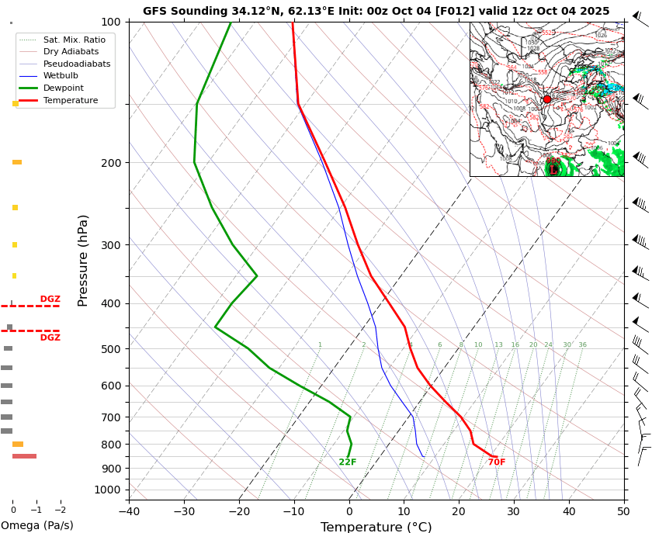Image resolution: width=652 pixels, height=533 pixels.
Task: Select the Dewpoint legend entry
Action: (70, 88)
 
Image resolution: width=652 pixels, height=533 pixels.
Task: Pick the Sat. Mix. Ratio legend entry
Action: (74, 40)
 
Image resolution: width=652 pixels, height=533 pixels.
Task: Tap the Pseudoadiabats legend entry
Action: (76, 64)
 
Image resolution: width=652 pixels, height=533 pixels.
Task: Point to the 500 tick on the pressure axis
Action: (112, 349)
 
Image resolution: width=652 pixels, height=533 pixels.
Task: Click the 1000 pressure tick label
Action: (107, 490)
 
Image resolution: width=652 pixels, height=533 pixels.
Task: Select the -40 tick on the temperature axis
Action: (129, 511)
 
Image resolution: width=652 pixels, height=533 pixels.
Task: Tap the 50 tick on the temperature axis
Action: (624, 511)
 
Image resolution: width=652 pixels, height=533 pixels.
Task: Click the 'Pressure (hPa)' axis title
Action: (84, 260)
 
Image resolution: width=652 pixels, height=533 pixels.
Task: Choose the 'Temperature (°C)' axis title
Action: (376, 527)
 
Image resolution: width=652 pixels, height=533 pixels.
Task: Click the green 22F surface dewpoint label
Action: (348, 462)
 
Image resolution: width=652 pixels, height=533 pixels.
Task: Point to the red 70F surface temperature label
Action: (497, 462)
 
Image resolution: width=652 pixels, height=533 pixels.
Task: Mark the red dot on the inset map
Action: (547, 99)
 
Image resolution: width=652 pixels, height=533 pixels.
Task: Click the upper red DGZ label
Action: (50, 299)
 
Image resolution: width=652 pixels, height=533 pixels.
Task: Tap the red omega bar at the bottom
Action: (24, 456)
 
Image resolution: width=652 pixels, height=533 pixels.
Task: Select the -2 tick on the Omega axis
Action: (60, 511)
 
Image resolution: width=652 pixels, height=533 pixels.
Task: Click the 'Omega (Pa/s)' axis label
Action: (36, 525)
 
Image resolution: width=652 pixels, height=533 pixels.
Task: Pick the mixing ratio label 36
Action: (582, 345)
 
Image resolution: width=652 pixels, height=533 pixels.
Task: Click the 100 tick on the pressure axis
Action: (112, 22)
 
